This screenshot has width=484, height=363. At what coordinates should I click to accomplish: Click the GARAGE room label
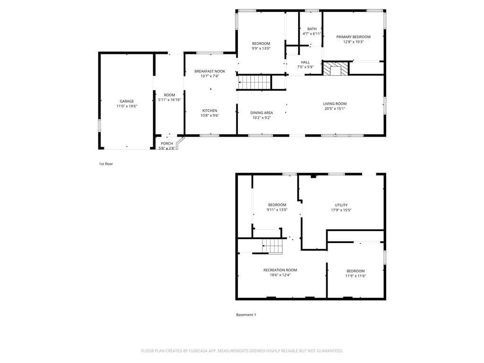[x=127, y=101]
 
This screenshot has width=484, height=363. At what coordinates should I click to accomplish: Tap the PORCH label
[x=167, y=144]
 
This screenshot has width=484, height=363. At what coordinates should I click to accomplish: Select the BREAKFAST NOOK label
[x=210, y=71]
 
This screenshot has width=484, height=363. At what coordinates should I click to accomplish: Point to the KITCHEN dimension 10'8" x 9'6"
[x=210, y=115]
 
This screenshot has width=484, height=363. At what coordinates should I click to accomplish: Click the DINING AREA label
[x=262, y=112]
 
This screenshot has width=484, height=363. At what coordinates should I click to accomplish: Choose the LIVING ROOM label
[x=335, y=104]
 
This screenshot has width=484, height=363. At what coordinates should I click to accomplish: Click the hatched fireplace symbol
[x=336, y=69]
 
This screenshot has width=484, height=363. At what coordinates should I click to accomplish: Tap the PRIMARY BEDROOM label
[x=354, y=37]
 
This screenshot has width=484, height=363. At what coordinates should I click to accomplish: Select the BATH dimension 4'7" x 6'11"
[x=312, y=34]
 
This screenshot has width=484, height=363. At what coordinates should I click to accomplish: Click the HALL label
[x=305, y=62]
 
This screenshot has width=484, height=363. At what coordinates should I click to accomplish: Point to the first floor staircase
[x=255, y=82]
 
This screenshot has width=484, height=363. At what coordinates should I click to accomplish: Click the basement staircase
[x=273, y=246]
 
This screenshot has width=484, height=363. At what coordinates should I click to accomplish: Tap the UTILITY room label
[x=341, y=205]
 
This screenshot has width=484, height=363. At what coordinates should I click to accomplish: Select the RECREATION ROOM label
[x=280, y=270]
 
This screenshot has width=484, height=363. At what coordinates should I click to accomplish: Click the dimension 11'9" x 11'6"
[x=355, y=276]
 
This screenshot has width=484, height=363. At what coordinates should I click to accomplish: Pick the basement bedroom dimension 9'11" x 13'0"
[x=277, y=209]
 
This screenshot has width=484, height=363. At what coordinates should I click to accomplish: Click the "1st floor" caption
[x=106, y=164]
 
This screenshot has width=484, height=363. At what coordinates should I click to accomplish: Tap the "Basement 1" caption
[x=246, y=315]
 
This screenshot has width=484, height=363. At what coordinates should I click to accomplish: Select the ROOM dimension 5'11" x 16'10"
[x=170, y=100]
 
